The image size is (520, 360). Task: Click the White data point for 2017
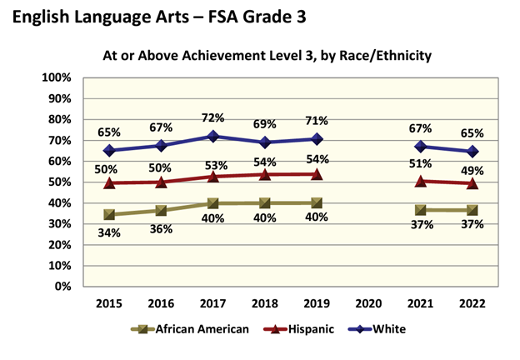coord(213,136)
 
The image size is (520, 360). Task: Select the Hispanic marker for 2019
coord(316,174)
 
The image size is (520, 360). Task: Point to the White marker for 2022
coord(472,152)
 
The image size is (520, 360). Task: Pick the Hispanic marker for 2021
coord(422,181)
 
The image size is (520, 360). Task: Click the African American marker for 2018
coord(265,202)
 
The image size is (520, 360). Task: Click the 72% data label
coord(213,117)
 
